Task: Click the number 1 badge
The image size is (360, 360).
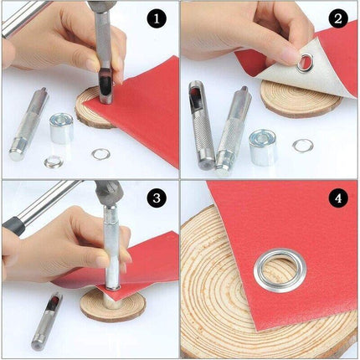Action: click(x=157, y=18)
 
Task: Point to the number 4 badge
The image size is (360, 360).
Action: click(x=337, y=200)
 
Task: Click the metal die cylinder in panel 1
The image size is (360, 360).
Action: click(x=61, y=130)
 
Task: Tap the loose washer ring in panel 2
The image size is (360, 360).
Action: click(x=301, y=145)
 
